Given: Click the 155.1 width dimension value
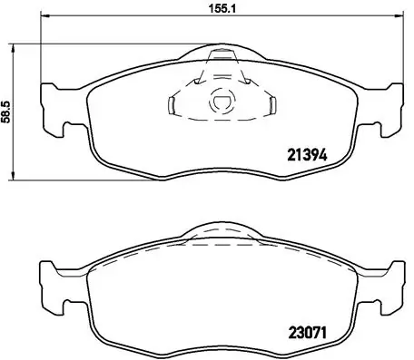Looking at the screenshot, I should click(210, 10).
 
